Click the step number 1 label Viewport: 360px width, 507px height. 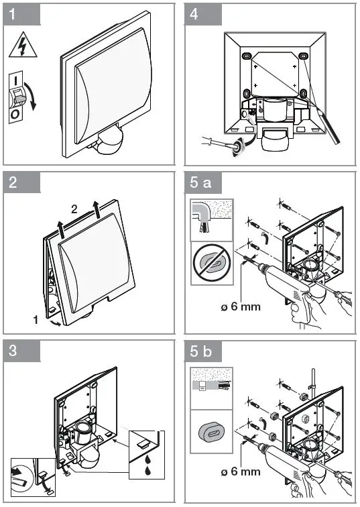tap(12, 15)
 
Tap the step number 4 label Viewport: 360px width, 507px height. tap(194, 15)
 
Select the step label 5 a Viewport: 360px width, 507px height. tap(200, 182)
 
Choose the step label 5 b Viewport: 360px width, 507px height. tap(201, 351)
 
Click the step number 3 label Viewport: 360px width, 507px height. tap(13, 351)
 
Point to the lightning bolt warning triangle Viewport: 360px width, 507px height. tap(23, 45)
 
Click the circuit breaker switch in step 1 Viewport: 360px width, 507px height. tap(16, 97)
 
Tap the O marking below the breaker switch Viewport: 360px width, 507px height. tap(15, 115)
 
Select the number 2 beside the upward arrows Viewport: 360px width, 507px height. tap(74, 209)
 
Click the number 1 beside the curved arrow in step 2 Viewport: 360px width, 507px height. tap(36, 320)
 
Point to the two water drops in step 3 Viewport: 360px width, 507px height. tap(147, 465)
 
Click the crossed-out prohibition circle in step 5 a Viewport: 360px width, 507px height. tap(212, 263)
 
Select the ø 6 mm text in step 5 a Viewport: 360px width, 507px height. tap(241, 306)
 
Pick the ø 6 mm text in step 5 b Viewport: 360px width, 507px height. tap(241, 471)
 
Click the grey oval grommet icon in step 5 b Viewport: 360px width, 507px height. tap(212, 431)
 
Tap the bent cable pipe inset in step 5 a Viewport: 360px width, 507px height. tap(212, 220)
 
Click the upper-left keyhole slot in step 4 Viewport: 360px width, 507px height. tap(247, 56)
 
